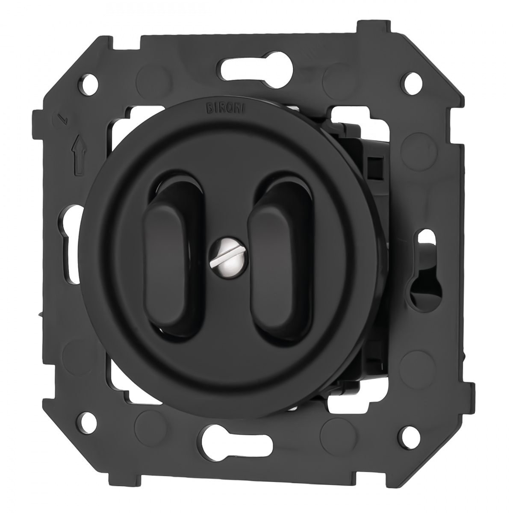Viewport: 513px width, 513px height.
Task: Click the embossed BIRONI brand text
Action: [x=226, y=108]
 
